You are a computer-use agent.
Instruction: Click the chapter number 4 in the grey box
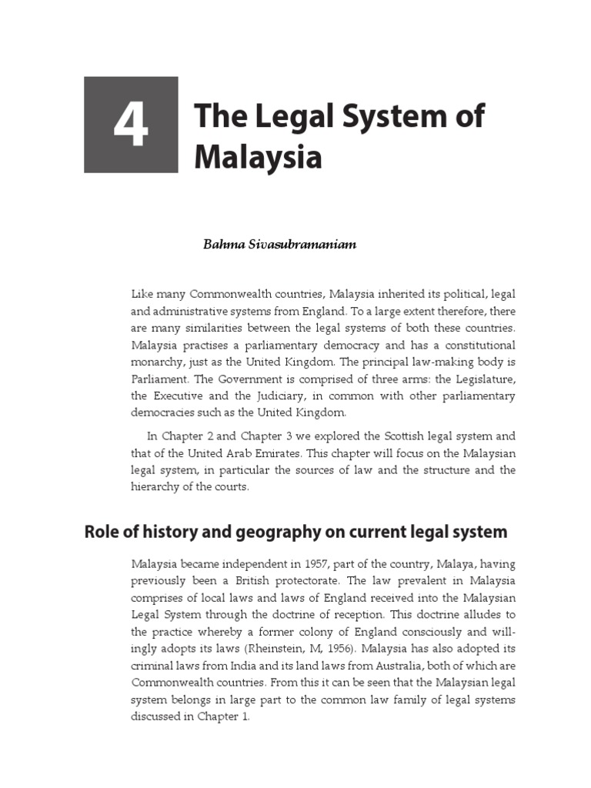pyautogui.click(x=130, y=125)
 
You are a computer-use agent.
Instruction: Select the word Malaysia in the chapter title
pyautogui.click(x=257, y=157)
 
